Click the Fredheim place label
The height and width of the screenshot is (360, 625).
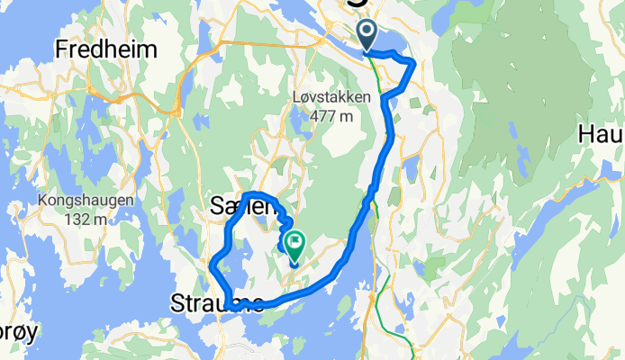point(106,49)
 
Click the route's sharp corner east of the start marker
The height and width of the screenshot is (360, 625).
point(414,62)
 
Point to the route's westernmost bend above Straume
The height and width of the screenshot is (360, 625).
point(212,266)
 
